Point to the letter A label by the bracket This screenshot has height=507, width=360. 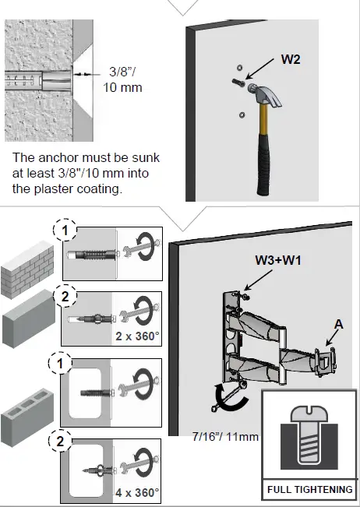click(x=337, y=322)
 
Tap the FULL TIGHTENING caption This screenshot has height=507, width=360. click(x=310, y=490)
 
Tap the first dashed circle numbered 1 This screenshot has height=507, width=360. click(x=66, y=230)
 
